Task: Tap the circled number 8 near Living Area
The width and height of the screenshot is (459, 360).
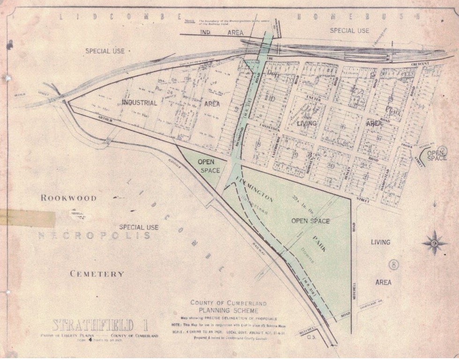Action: [x=394, y=264]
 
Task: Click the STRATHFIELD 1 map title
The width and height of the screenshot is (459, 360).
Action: [x=93, y=325]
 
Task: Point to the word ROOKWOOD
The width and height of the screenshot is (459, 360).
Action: [x=68, y=198]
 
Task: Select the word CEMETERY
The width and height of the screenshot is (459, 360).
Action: [x=97, y=274]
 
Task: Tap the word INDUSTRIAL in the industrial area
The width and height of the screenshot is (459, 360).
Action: [x=139, y=102]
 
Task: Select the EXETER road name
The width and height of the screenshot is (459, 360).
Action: [x=314, y=99]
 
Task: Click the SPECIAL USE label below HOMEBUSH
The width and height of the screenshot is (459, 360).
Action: [x=349, y=31]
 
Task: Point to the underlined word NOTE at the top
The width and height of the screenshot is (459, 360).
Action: [x=190, y=21]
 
